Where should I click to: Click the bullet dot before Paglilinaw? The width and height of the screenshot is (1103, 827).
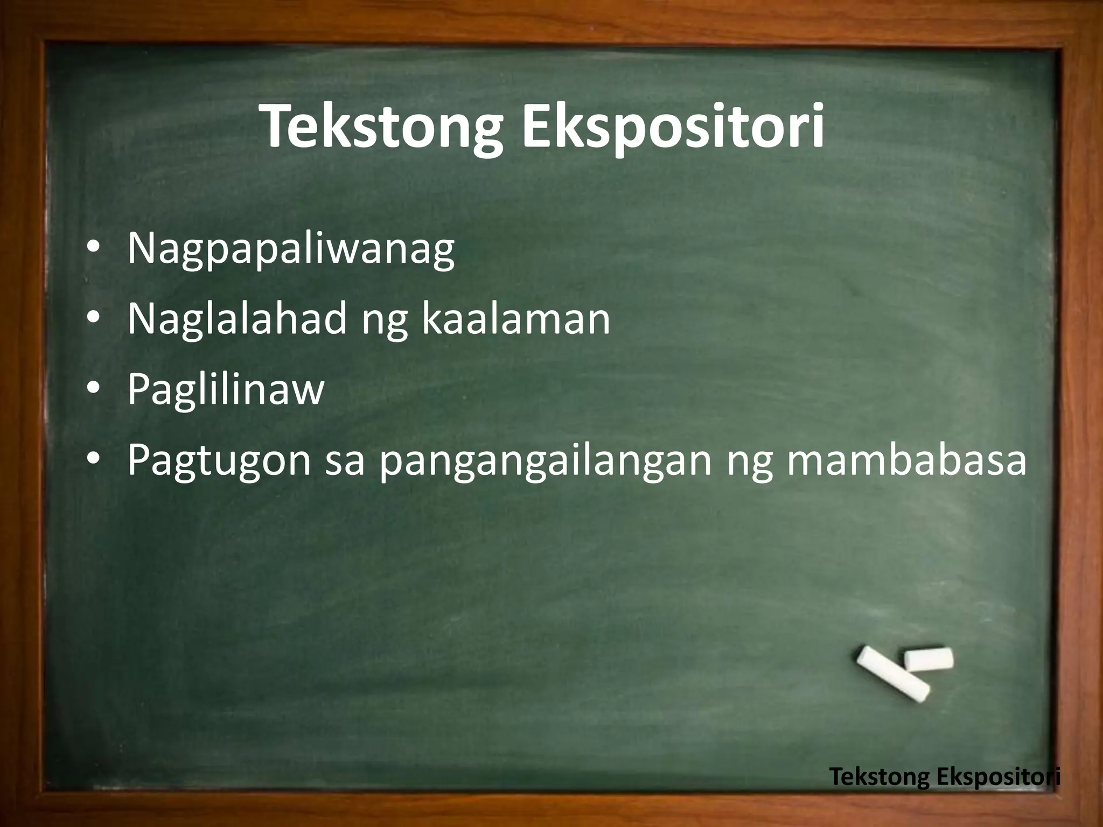pyautogui.click(x=92, y=389)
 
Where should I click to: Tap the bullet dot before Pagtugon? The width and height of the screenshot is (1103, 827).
pyautogui.click(x=92, y=461)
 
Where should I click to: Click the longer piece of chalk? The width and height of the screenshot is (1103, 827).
pyautogui.click(x=892, y=674)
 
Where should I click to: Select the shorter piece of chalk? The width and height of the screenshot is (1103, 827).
pyautogui.click(x=929, y=659)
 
